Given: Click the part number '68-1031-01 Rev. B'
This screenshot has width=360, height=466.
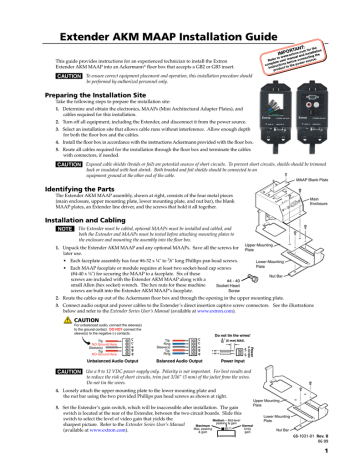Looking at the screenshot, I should tap(331, 435).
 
